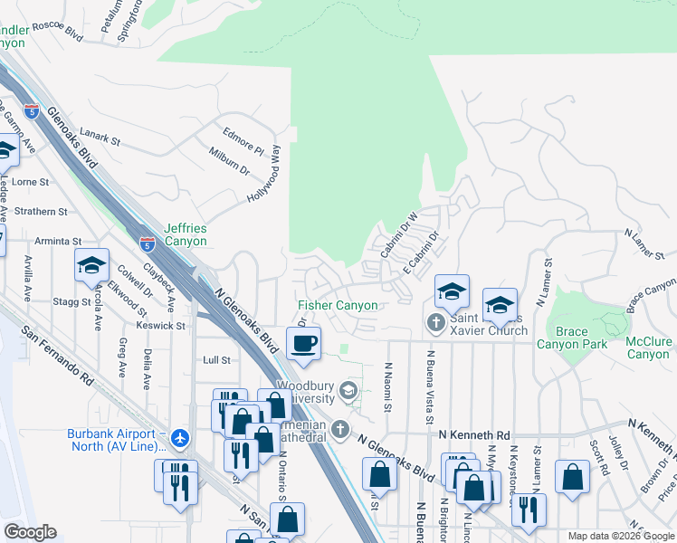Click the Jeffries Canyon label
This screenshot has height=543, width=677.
[186, 235]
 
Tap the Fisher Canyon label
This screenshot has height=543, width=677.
[338, 306]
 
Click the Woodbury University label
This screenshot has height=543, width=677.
[305, 392]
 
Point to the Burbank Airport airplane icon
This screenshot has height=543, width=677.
[180, 439]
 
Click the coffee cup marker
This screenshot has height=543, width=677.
[303, 343]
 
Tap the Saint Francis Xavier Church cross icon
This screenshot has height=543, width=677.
[435, 321]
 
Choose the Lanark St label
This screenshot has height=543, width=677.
[100, 139]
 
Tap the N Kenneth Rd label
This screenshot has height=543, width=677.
[474, 435]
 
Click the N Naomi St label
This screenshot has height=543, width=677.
[386, 386]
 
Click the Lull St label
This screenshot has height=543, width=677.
[216, 359]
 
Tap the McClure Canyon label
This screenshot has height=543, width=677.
[649, 348]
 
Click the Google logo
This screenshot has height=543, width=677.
[30, 532]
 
